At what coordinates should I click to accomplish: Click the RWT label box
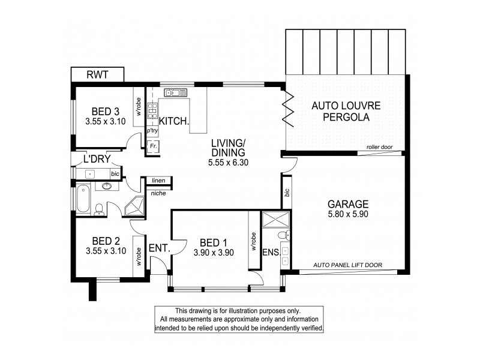(98, 75)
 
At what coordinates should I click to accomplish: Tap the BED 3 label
(106, 111)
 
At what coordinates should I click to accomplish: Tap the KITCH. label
(175, 121)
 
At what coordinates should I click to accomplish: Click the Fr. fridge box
(153, 146)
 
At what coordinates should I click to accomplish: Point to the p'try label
(152, 130)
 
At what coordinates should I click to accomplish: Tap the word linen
(158, 180)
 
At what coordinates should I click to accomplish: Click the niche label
(158, 193)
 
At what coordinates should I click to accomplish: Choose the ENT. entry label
(160, 247)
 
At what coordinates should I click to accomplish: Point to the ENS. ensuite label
(271, 252)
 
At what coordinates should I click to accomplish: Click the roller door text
(379, 147)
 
